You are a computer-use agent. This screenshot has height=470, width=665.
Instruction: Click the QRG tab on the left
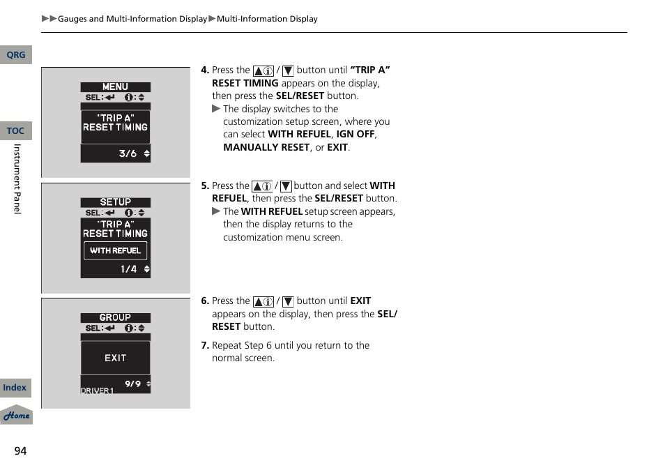tap(15, 55)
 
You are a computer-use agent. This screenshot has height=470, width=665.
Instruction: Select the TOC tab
tap(15, 131)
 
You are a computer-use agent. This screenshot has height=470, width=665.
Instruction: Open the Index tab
tap(15, 388)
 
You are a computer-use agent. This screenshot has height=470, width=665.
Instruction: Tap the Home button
tap(16, 416)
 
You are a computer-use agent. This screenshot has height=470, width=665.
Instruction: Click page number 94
tap(20, 451)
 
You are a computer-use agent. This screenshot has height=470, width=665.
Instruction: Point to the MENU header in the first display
tap(115, 87)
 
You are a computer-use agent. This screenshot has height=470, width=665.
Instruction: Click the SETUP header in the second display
tap(115, 202)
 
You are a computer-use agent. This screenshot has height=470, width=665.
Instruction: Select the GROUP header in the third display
tap(115, 317)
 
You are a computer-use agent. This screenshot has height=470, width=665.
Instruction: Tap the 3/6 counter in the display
tap(128, 154)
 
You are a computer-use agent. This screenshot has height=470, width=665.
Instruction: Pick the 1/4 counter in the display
tap(128, 269)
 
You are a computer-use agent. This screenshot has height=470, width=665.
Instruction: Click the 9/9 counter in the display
tap(132, 384)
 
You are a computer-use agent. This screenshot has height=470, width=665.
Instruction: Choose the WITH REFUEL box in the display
tap(115, 250)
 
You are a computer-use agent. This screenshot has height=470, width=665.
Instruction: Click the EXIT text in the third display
tap(115, 358)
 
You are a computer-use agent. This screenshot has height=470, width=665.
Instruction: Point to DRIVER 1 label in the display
tap(97, 391)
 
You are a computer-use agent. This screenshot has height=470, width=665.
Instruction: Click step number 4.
tap(205, 70)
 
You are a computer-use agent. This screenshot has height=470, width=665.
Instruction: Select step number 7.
tap(205, 345)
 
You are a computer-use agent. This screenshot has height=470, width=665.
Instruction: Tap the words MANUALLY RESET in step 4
tap(266, 147)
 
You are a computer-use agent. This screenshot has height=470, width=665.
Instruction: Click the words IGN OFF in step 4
tap(356, 134)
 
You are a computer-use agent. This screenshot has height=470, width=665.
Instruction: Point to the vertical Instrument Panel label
tap(17, 179)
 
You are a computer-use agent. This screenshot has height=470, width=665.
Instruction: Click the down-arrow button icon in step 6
tap(287, 301)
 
